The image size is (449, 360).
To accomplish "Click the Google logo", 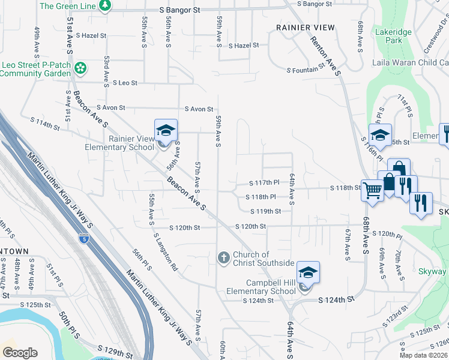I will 20,353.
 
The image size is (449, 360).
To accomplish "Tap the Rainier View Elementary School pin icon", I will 166,130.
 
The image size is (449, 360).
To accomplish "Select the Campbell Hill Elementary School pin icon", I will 308,273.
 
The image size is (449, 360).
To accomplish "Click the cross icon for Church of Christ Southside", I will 223,258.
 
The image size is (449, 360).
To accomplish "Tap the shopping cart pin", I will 373,191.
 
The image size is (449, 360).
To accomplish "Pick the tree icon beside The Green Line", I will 106,5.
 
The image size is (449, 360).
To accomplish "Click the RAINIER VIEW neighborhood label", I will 306,28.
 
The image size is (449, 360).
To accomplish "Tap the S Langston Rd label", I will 165,253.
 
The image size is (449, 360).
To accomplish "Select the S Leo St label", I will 124,83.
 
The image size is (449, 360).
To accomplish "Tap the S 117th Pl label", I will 265,182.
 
